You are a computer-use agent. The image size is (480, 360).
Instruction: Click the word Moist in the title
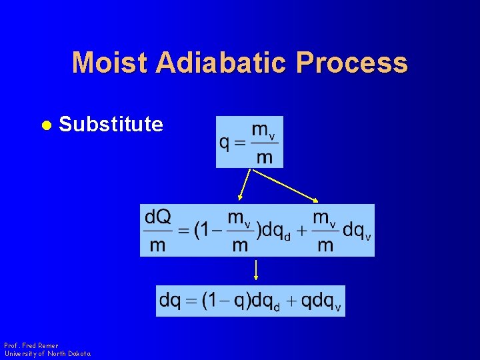tap(110, 63)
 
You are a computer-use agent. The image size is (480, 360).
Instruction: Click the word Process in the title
tap(352, 63)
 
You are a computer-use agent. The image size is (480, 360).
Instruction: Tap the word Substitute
tap(111, 124)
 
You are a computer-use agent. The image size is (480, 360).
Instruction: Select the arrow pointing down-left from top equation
tap(245, 185)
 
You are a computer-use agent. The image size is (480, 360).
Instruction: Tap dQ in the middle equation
tap(158, 217)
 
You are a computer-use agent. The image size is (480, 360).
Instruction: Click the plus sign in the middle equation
tap(302, 231)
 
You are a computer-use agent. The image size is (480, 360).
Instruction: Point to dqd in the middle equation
tap(275, 231)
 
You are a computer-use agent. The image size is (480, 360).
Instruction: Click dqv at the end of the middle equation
tap(357, 231)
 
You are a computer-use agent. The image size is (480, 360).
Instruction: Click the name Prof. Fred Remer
tap(31, 345)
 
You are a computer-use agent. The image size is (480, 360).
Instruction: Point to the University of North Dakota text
tap(47, 354)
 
